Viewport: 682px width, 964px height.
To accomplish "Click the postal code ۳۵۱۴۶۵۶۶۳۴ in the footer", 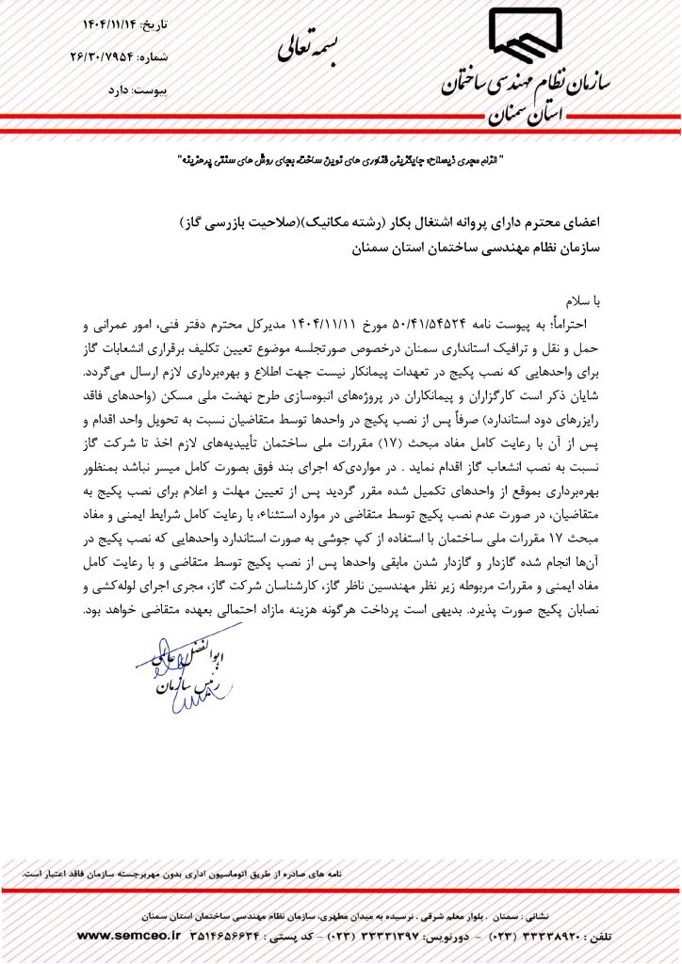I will [x=228, y=936].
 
